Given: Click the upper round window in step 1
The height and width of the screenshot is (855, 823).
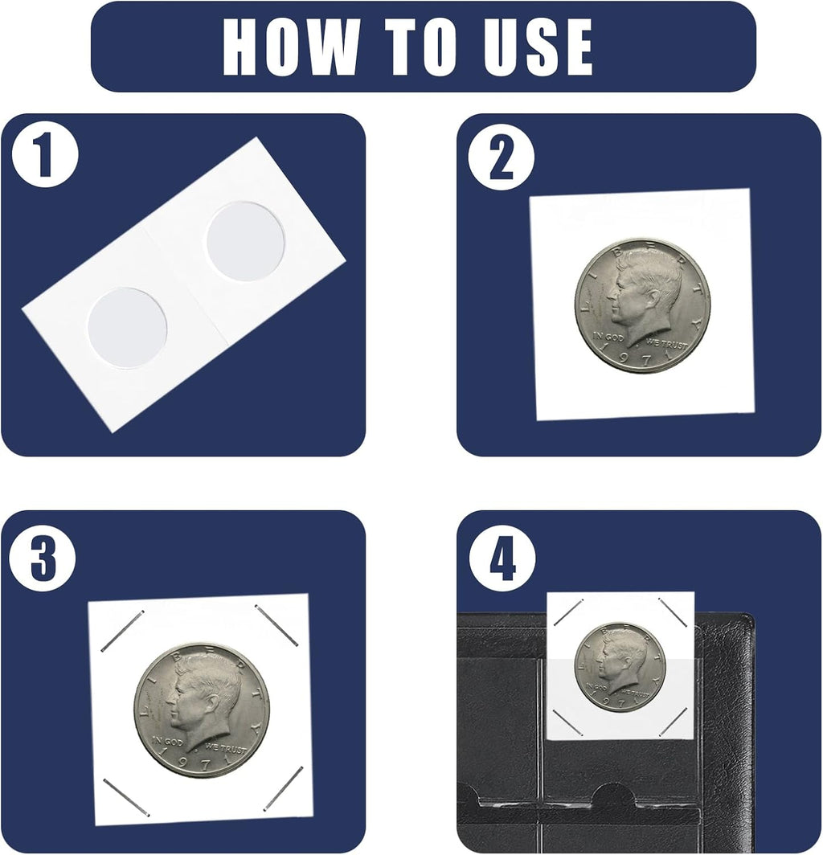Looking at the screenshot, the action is (245, 242).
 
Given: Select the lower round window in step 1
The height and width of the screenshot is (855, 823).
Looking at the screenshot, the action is (127, 328).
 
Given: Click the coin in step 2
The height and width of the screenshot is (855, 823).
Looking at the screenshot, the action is (642, 305).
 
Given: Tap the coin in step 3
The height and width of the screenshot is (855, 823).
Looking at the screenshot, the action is (201, 710).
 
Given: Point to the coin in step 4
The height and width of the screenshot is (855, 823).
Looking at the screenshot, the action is (620, 667).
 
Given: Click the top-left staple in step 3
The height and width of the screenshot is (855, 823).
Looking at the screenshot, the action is (122, 631).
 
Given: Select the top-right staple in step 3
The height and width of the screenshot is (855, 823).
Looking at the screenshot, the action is (276, 625).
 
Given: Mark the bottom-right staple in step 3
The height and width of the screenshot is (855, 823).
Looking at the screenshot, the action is (283, 788).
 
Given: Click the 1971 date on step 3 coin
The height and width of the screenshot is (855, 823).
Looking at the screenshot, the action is (203, 763).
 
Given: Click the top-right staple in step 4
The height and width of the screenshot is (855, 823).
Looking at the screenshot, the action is (672, 612).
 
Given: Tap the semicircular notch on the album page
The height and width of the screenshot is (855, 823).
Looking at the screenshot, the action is (613, 793).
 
